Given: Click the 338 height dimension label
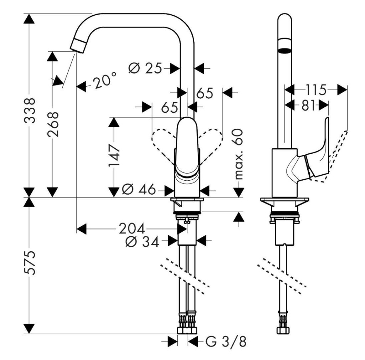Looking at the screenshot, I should [x=31, y=110].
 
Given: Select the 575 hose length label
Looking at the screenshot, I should [x=31, y=263].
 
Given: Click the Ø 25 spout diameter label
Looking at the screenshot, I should [x=145, y=68].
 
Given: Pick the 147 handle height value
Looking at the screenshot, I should [x=114, y=156].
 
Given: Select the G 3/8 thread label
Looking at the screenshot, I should [x=226, y=342].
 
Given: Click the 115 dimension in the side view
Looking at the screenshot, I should [x=315, y=90].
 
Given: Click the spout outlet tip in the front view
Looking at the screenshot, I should [x=79, y=45].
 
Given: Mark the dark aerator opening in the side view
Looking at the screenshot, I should [x=284, y=50].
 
